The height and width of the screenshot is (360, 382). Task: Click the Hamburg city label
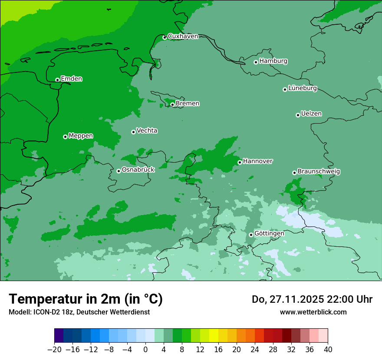coord(273,61)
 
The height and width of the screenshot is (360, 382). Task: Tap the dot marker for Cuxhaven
coord(165,38)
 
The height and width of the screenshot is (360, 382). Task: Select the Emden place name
coord(71,79)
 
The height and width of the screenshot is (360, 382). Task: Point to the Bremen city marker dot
coord(172,105)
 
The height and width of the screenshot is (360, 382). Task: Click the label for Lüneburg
coord(302,88)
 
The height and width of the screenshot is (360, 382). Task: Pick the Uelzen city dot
coord(298,115)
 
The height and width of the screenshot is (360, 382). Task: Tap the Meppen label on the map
coord(81,136)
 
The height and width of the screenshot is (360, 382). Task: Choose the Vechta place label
coord(147,131)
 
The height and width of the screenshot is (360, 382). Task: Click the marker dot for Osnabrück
coord(119,171)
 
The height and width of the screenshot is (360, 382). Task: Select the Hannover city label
coord(257,161)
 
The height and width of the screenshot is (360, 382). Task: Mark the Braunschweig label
coord(319,172)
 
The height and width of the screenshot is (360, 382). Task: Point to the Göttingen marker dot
coord(251,235)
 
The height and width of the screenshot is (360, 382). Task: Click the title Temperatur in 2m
coord(86,299)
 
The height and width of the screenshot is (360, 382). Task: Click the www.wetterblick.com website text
coord(313,312)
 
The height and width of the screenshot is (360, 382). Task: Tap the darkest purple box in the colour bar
coord(59,336)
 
